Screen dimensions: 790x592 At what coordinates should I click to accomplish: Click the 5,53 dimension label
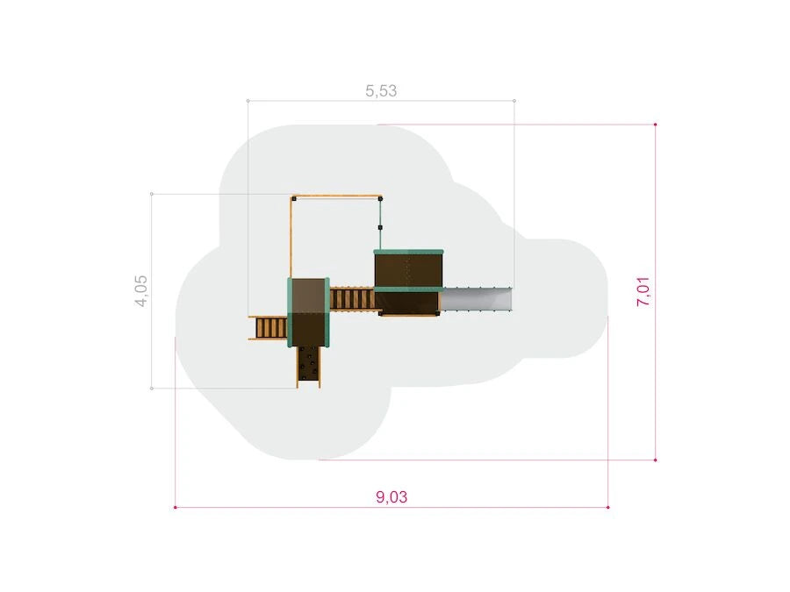[381, 91]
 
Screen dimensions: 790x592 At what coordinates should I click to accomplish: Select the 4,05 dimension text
[141, 291]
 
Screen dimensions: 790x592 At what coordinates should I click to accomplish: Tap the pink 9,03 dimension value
[391, 497]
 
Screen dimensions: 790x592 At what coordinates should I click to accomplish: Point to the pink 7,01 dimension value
[643, 291]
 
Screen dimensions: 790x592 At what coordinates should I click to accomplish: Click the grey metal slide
[477, 300]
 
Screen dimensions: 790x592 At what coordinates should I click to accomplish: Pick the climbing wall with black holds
[308, 366]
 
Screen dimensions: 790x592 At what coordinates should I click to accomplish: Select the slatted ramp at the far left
[269, 328]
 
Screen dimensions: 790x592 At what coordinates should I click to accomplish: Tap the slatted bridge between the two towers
[352, 299]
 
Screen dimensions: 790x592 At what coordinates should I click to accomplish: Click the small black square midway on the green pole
[380, 227]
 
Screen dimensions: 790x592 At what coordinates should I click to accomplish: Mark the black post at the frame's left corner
[294, 199]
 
